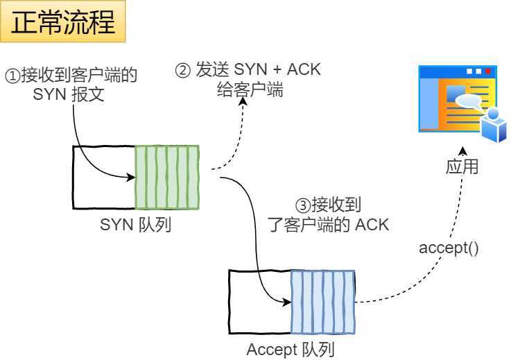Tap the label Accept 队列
(290, 350)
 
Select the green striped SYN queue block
(166, 177)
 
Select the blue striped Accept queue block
(322, 302)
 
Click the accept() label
(449, 248)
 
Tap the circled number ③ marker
(302, 205)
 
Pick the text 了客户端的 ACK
(328, 225)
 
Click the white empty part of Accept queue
(259, 302)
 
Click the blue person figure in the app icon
(494, 126)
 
